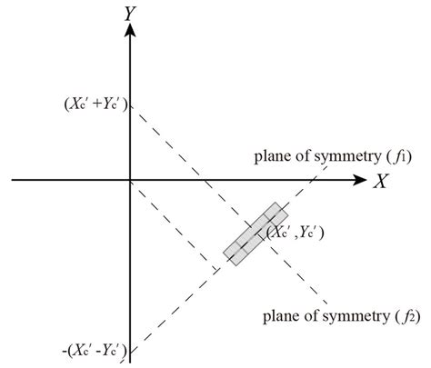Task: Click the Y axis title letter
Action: [x=131, y=14]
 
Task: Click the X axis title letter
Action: [x=381, y=181]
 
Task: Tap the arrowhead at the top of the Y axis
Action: [x=130, y=30]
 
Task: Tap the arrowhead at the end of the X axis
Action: [x=360, y=180]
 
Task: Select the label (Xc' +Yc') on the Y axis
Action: [x=96, y=104]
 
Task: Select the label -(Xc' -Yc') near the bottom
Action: [x=95, y=351]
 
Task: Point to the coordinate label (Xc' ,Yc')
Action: [x=296, y=233]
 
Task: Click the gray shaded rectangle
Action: [x=256, y=234]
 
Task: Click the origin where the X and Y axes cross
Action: [x=130, y=180]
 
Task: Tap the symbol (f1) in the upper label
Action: [x=399, y=157]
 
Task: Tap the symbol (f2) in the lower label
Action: [x=407, y=317]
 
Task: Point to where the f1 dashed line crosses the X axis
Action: [x=313, y=180]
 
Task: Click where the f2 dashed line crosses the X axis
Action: [x=204, y=180]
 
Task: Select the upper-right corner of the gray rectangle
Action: [x=288, y=214]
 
